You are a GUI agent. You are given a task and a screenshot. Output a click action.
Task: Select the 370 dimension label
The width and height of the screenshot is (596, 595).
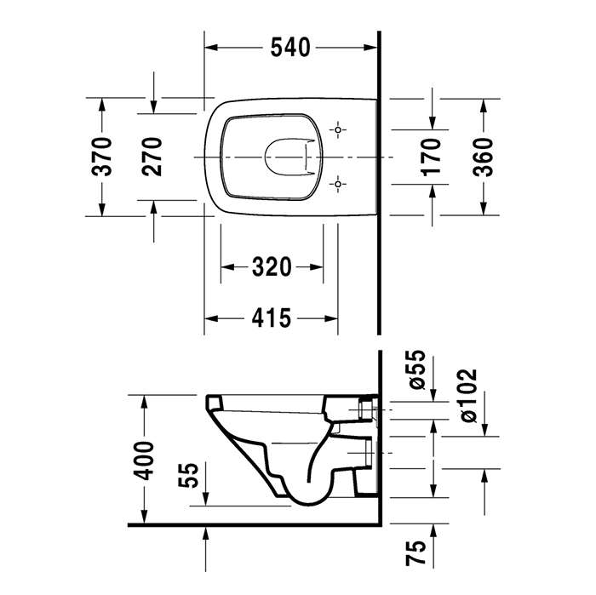pos(102,157)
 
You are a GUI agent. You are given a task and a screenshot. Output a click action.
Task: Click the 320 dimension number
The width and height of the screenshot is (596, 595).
pos(272,268)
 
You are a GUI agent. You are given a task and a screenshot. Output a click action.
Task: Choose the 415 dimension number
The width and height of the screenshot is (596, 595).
pos(272,319)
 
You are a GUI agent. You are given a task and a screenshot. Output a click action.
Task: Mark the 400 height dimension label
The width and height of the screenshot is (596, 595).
pos(146,459)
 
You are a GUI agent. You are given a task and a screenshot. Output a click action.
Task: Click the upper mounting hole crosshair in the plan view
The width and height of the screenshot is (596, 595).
pos(339,130)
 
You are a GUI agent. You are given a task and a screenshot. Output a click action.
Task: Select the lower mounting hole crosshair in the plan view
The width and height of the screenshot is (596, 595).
pos(339,183)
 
